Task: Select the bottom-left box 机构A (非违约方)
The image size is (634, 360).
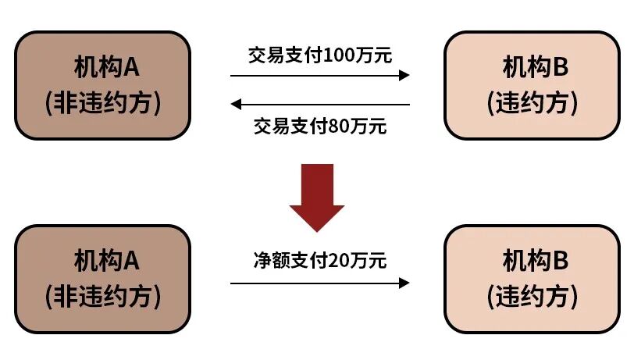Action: [x=103, y=279]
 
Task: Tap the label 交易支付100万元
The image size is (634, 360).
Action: [x=320, y=55]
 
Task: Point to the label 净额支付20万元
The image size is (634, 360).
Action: [x=320, y=261]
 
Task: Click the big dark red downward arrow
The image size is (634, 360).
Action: [x=316, y=196]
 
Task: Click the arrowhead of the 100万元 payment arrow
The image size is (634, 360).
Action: [x=404, y=75]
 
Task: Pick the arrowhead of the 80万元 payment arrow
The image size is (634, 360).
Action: [x=236, y=104]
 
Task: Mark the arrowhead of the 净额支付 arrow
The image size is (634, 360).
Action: [x=404, y=283]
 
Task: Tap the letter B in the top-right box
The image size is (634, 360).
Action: [x=559, y=69]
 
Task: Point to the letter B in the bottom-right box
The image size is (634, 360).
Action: [x=559, y=262]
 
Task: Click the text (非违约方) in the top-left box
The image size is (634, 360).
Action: [x=103, y=102]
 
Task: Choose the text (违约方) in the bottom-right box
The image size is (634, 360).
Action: [x=532, y=297]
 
